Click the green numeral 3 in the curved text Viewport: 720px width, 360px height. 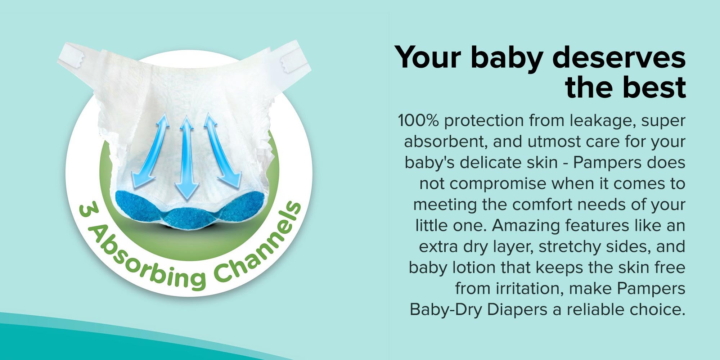85,211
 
